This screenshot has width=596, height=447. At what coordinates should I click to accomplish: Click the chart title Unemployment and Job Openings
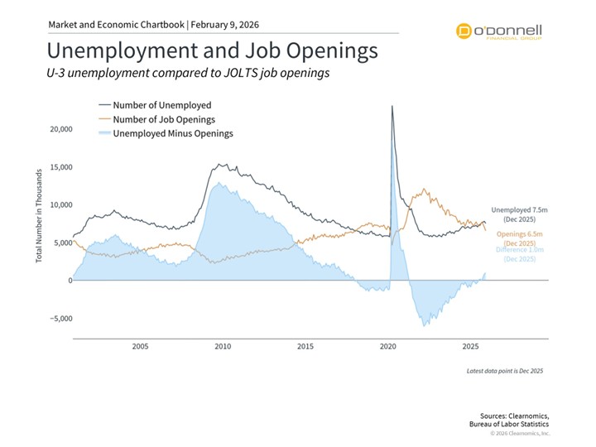[x=212, y=50]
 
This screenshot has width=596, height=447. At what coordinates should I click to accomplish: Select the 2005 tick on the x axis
[x=139, y=347]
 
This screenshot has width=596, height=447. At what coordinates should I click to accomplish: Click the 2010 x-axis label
[x=223, y=347]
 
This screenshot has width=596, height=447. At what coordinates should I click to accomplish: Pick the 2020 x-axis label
[x=388, y=347]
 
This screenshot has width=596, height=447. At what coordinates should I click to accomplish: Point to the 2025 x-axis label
[x=471, y=347]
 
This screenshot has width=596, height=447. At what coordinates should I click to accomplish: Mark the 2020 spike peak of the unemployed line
[x=392, y=106]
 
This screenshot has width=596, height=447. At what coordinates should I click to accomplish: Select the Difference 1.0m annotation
[x=521, y=254]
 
